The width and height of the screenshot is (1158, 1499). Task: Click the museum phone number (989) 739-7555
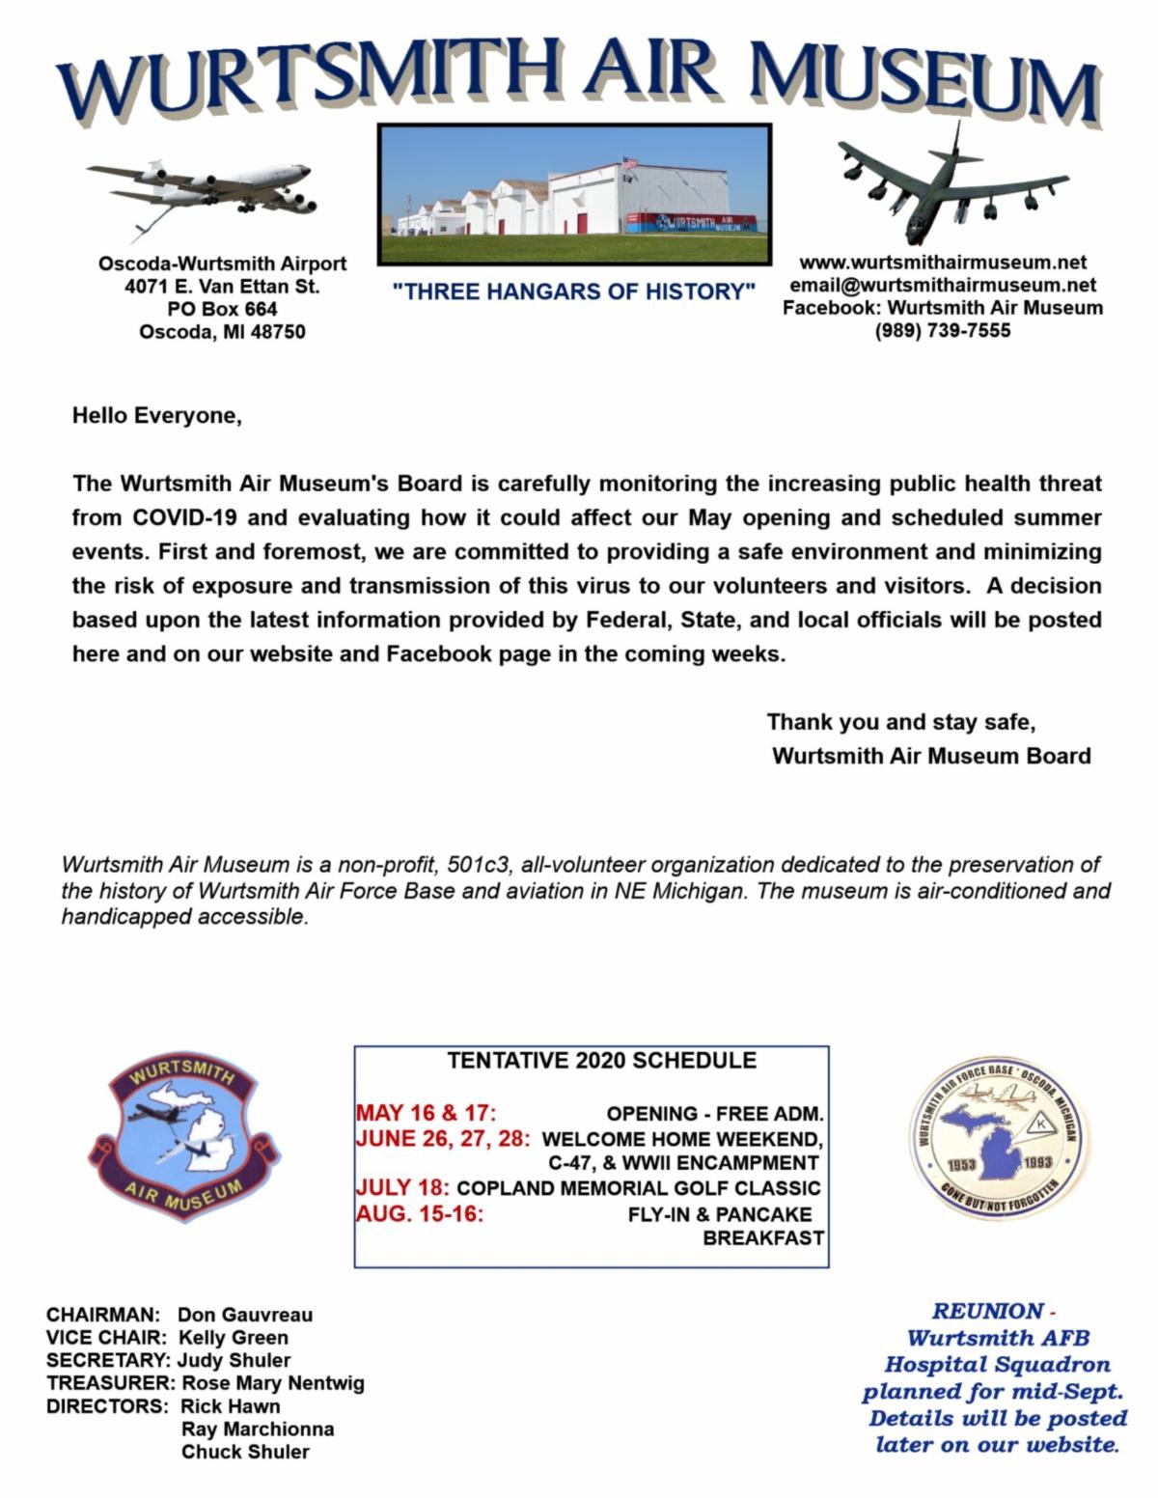(942, 331)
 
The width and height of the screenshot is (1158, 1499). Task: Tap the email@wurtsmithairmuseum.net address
(942, 285)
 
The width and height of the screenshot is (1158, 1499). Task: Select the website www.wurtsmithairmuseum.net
(942, 262)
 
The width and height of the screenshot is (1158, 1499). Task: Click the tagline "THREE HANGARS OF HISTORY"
(574, 291)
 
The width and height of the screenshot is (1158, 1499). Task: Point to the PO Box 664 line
(222, 309)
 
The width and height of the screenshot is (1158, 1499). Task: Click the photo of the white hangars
(574, 195)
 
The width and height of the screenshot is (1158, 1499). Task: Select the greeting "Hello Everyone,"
(156, 416)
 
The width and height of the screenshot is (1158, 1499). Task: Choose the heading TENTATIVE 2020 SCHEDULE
(601, 1061)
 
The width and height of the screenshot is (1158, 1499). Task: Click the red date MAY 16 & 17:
(426, 1113)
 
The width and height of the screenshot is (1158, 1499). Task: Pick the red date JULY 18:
(403, 1187)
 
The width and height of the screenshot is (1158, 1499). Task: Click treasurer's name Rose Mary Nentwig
(273, 1383)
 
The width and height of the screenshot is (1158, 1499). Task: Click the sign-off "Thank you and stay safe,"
(901, 722)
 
